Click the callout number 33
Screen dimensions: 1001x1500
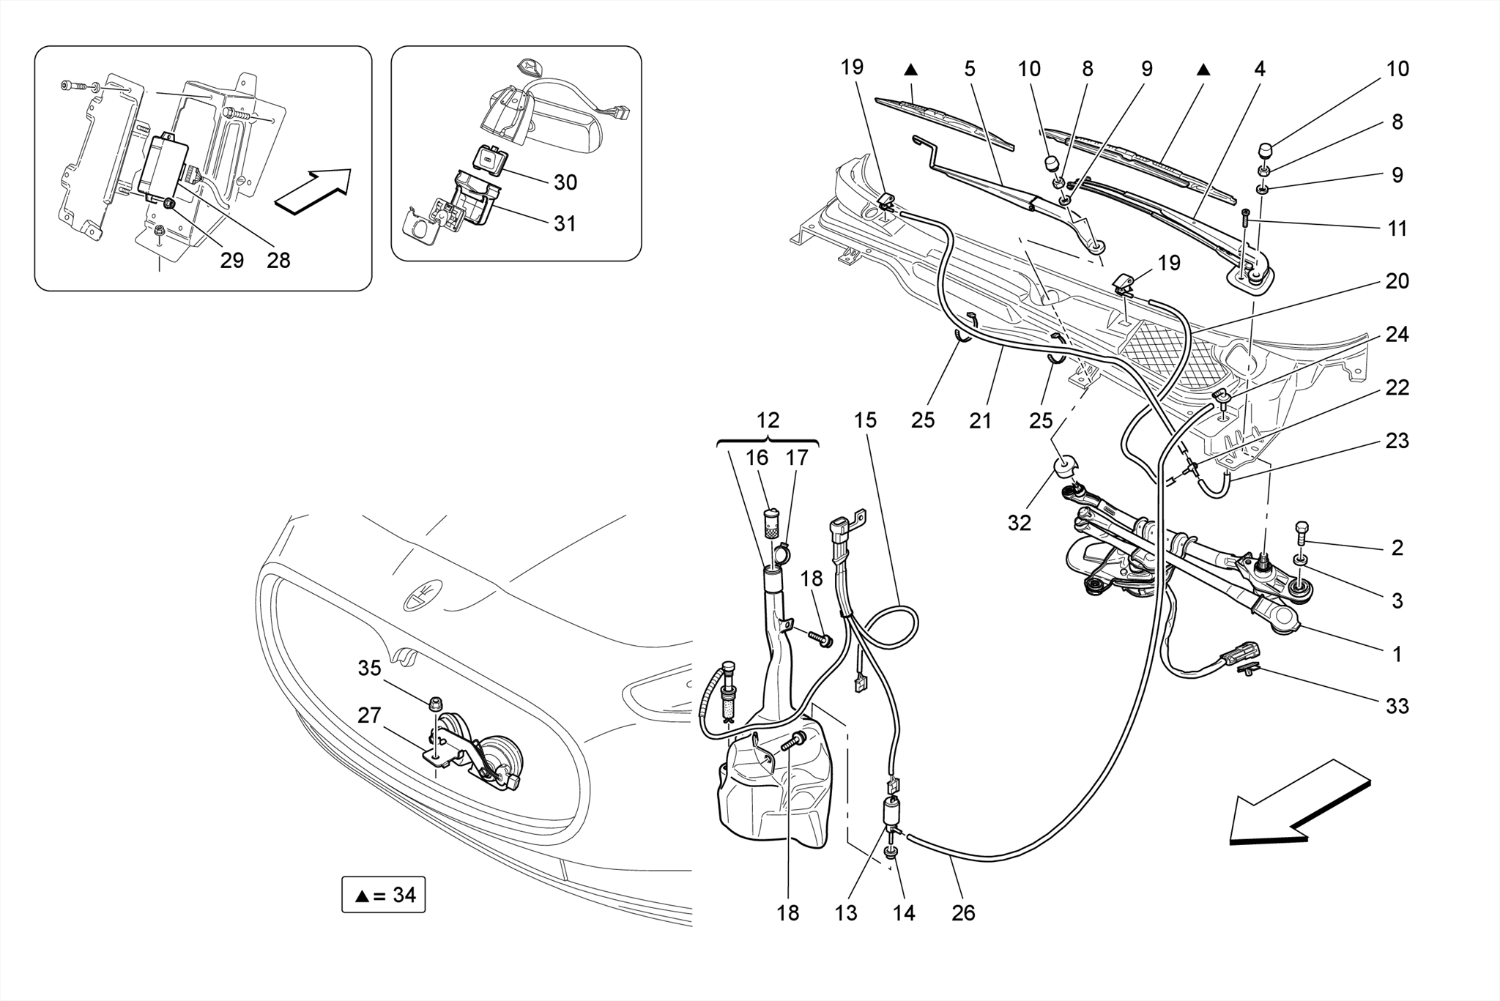pos(1397,706)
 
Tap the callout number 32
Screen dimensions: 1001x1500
pos(1019,523)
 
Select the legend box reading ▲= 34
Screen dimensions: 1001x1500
pos(383,895)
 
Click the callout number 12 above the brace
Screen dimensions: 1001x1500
pos(767,420)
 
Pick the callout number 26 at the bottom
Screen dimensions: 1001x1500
pos(963,913)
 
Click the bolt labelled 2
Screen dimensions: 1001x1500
pos(1302,531)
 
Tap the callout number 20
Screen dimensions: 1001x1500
pos(1397,281)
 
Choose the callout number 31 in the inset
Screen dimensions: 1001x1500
pos(565,223)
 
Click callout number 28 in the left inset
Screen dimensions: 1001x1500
pos(278,260)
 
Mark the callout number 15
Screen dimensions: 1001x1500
pos(865,420)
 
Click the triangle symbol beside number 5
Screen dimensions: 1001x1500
pos(910,70)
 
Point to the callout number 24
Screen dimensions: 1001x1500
pos(1397,335)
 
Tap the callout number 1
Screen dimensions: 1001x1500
pos(1397,654)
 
